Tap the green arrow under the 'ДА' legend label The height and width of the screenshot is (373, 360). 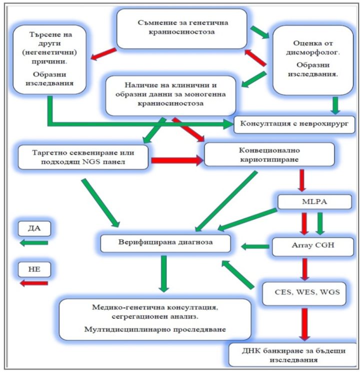(x=34, y=243)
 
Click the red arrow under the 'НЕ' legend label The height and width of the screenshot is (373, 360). (x=33, y=283)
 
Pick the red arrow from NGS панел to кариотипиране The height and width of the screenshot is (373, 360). (x=176, y=160)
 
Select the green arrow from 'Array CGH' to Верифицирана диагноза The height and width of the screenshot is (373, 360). (x=255, y=246)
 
